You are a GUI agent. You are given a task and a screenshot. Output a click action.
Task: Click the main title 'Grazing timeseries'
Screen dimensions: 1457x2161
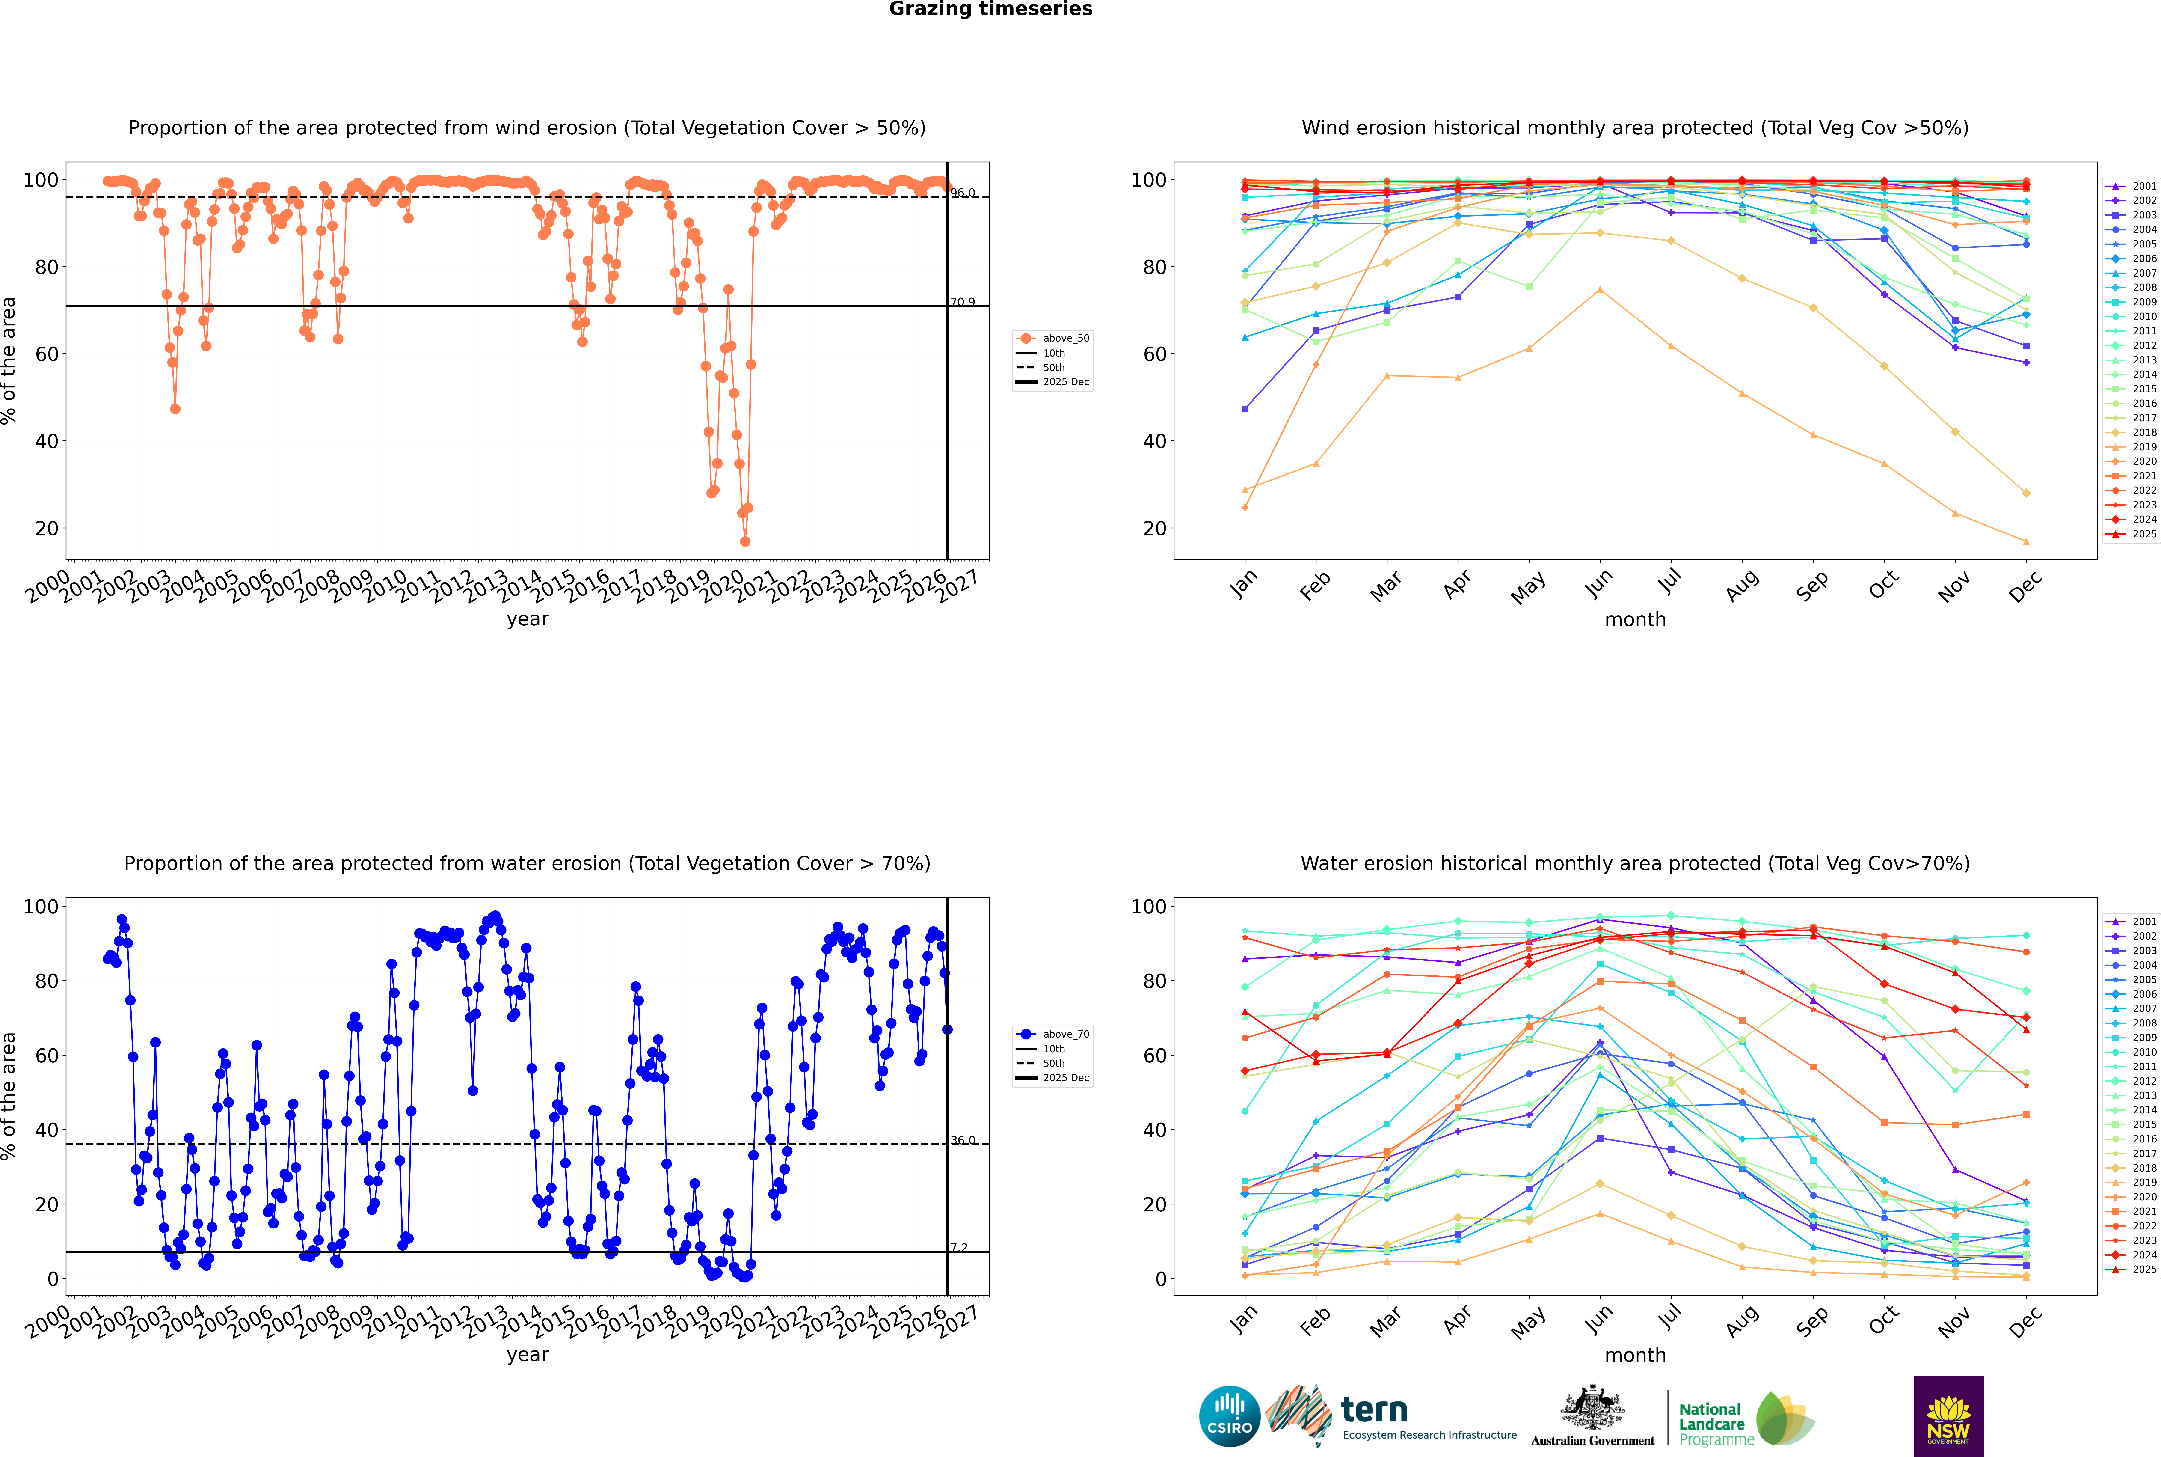click(x=990, y=9)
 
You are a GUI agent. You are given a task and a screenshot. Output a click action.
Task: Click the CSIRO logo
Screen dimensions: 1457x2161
click(x=1229, y=1416)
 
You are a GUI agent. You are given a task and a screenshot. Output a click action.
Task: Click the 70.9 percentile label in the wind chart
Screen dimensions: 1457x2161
click(x=963, y=302)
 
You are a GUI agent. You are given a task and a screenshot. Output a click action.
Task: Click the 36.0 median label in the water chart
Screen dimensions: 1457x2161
click(x=963, y=1140)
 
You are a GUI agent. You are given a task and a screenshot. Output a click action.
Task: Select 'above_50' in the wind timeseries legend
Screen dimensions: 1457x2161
click(x=1066, y=338)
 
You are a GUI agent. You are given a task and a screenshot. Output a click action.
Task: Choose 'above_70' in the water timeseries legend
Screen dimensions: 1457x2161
click(x=1066, y=1034)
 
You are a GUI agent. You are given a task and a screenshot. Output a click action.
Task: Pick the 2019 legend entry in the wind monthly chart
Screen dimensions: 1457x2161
click(x=2144, y=447)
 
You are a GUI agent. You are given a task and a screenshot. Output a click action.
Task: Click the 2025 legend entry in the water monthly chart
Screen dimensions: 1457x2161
click(x=2144, y=1269)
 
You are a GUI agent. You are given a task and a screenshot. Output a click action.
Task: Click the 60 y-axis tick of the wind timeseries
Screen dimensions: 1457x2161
click(x=45, y=354)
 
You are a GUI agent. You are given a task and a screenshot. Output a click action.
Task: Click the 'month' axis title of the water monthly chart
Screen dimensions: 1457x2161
click(x=1635, y=1355)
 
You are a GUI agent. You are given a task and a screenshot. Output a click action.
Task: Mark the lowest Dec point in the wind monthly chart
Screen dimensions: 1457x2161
click(x=2026, y=542)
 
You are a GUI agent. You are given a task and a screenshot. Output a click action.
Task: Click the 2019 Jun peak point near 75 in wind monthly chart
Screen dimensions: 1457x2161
click(x=1600, y=290)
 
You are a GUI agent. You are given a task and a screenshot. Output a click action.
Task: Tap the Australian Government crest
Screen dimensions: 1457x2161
click(x=1592, y=1409)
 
